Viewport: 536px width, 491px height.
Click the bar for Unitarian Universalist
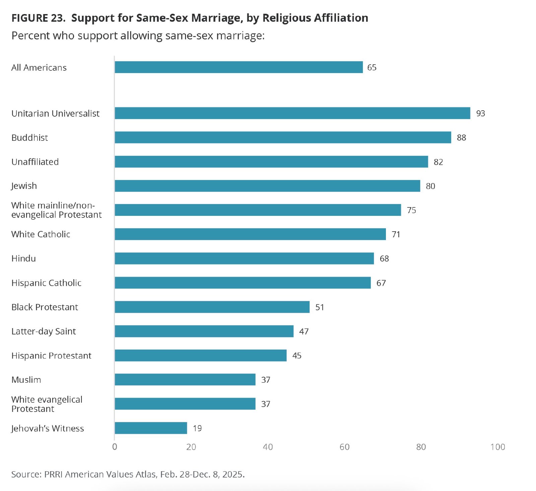click(292, 113)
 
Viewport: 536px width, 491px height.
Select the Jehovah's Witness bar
click(151, 428)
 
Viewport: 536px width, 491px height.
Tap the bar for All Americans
click(239, 67)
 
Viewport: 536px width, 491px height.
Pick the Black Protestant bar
click(212, 307)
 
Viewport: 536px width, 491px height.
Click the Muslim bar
click(185, 380)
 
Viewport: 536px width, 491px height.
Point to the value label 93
click(480, 114)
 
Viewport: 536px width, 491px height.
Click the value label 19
click(197, 428)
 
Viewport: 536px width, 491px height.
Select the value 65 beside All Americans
click(372, 68)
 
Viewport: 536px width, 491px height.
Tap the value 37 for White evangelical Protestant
click(266, 404)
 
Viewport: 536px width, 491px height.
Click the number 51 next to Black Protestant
click(320, 307)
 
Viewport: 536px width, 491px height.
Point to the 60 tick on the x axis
click(344, 447)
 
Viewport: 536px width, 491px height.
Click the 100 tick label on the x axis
click(497, 447)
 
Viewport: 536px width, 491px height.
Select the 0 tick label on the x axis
click(115, 447)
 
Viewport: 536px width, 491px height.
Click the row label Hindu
click(23, 258)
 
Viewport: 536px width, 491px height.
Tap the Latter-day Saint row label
click(44, 331)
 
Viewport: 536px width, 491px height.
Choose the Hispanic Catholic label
click(46, 283)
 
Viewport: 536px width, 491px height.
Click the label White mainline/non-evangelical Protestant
click(56, 210)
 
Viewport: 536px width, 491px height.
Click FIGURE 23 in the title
click(38, 18)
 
